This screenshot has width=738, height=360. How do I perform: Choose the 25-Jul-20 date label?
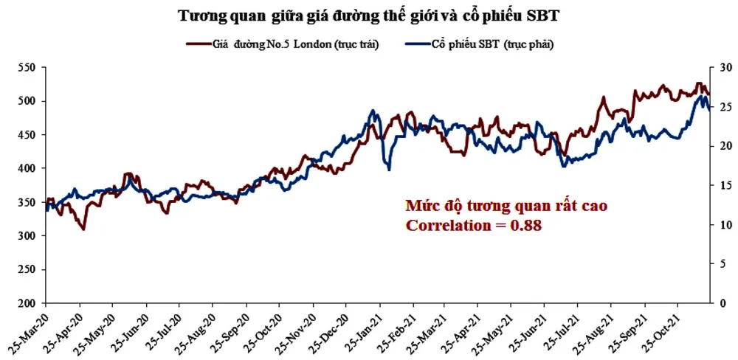(x=162, y=329)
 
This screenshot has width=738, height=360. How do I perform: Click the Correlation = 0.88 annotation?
(x=474, y=226)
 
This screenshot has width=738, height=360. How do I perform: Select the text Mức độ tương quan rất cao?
(x=506, y=206)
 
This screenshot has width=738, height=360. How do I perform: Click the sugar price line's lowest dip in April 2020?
(x=83, y=229)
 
